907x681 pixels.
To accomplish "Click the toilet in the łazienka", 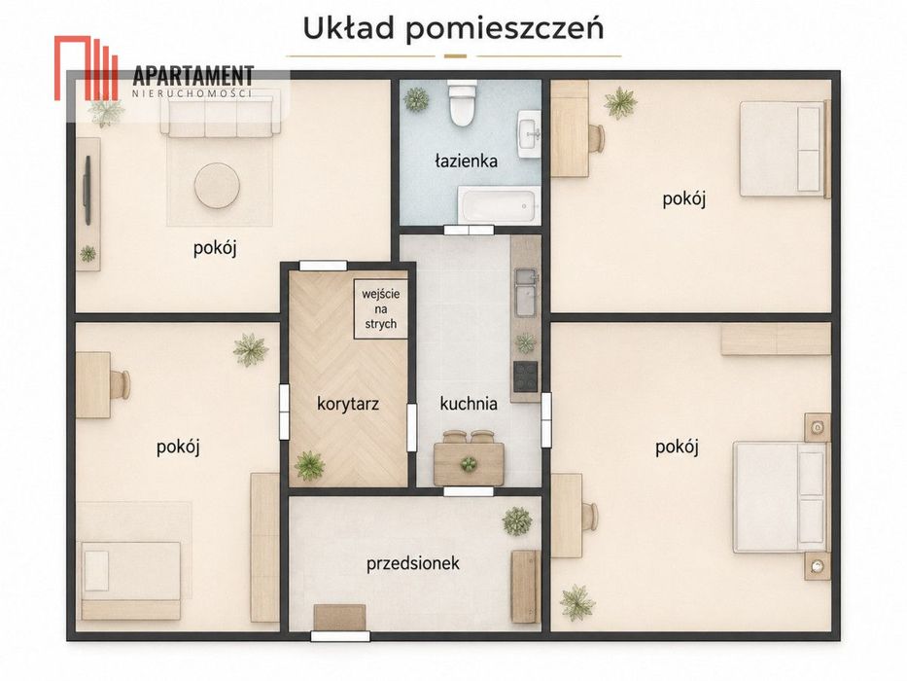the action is pyautogui.click(x=463, y=103).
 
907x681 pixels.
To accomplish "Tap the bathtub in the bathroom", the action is pyautogui.click(x=499, y=205).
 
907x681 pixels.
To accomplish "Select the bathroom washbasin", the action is pyautogui.click(x=529, y=134).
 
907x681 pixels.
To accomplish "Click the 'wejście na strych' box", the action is pyautogui.click(x=381, y=308).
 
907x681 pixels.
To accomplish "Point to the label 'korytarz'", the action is pyautogui.click(x=348, y=403).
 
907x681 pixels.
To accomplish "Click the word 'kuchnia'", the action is pyautogui.click(x=469, y=403).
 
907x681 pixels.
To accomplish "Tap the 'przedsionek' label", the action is pyautogui.click(x=413, y=563).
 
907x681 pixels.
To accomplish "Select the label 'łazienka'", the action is pyautogui.click(x=467, y=161).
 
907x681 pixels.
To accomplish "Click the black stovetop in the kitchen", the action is pyautogui.click(x=525, y=376).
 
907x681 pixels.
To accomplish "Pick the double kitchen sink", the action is pyautogui.click(x=526, y=293).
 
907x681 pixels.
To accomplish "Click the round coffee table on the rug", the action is pyautogui.click(x=217, y=185).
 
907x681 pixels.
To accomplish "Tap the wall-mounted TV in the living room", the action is pyautogui.click(x=87, y=190).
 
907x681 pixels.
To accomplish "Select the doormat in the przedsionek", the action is pyautogui.click(x=339, y=618).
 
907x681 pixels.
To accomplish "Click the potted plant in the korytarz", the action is pyautogui.click(x=309, y=466).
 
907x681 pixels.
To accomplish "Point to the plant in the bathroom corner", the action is pyautogui.click(x=416, y=99).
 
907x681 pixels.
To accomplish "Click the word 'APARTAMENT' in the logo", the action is pyautogui.click(x=193, y=77).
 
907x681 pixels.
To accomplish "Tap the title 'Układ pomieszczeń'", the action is pyautogui.click(x=453, y=28).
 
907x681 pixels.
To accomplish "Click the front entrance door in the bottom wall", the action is pyautogui.click(x=340, y=636).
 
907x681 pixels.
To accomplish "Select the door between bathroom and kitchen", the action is pyautogui.click(x=470, y=230).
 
